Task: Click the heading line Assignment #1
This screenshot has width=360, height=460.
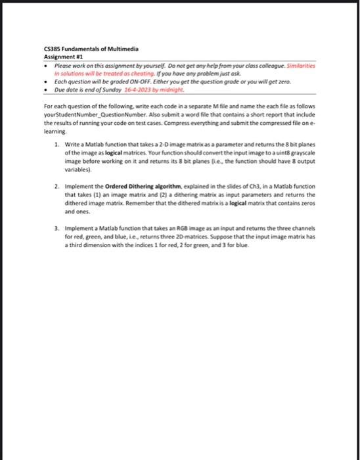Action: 60,57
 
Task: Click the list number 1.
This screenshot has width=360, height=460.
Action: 57,143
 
